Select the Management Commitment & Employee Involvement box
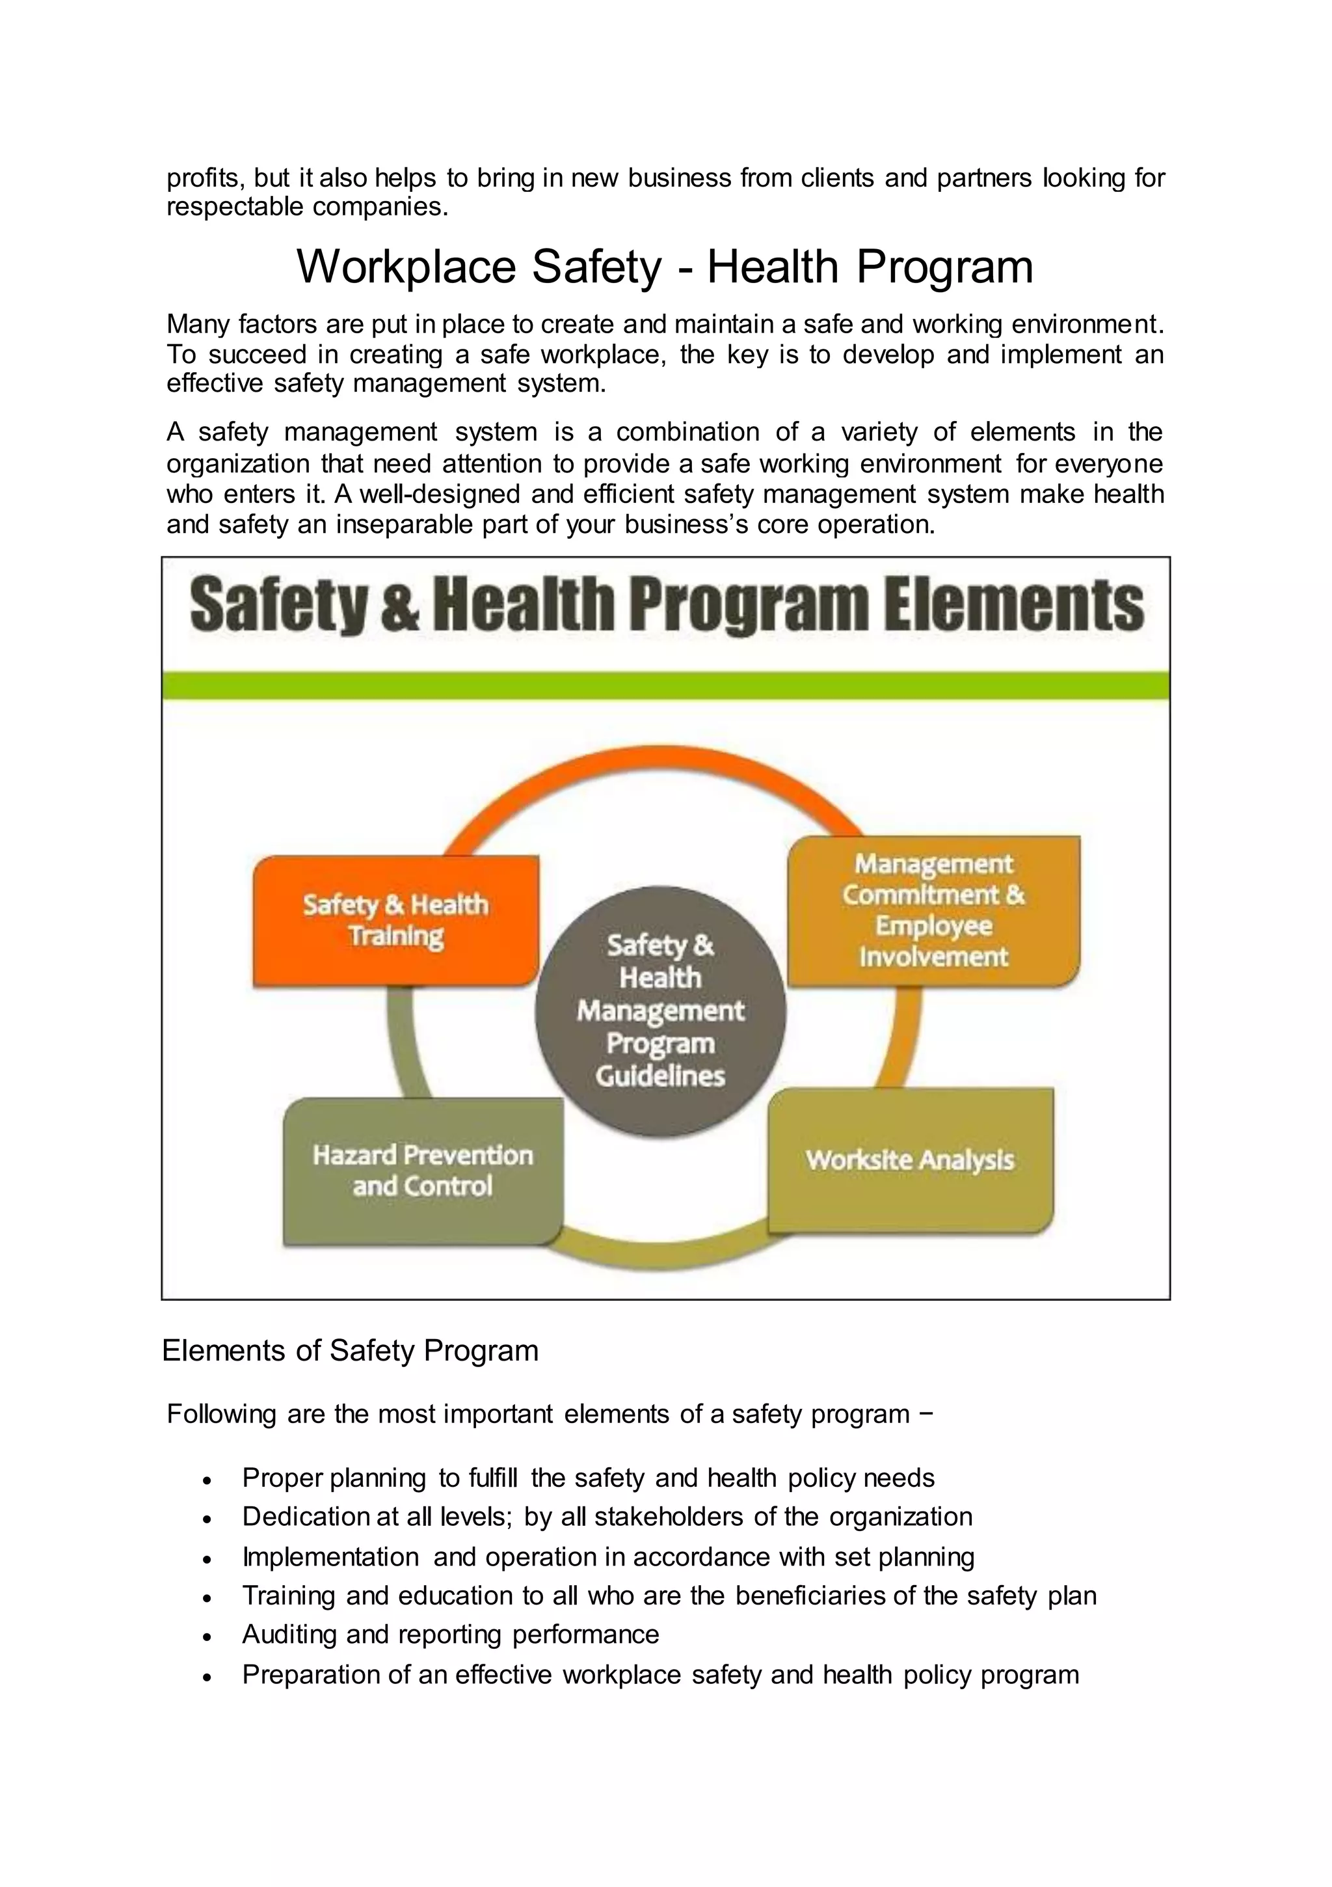933,910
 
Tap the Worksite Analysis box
910,1160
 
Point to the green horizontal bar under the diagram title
665,685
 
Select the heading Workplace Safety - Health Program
665,266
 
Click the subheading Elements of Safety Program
350,1350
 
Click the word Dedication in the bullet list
306,1516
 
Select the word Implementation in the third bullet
330,1556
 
